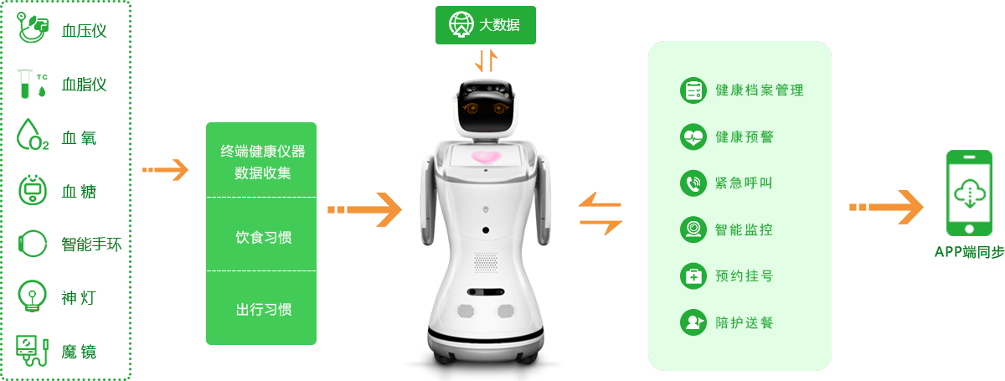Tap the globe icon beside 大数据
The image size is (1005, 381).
click(x=459, y=25)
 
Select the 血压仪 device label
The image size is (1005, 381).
click(x=84, y=32)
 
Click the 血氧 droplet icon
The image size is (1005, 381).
click(x=33, y=136)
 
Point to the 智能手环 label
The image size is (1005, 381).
click(x=91, y=245)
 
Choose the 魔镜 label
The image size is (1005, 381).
click(x=80, y=352)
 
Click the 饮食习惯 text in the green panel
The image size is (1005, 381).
click(x=263, y=237)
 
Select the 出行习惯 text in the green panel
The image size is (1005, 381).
click(x=263, y=309)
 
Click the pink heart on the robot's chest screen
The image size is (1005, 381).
click(x=486, y=157)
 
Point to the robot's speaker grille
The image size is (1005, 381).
click(x=486, y=261)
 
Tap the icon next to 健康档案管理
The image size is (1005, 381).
click(x=693, y=90)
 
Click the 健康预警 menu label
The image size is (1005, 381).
click(x=745, y=136)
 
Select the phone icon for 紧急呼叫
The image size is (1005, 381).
click(x=693, y=183)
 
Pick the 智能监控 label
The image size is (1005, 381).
click(x=745, y=229)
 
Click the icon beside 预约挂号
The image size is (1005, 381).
click(x=693, y=275)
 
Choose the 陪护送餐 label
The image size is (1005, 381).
click(x=745, y=322)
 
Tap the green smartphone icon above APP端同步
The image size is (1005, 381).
click(x=969, y=193)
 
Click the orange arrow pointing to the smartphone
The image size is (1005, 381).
click(x=887, y=207)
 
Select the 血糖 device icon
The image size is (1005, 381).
click(x=33, y=191)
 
